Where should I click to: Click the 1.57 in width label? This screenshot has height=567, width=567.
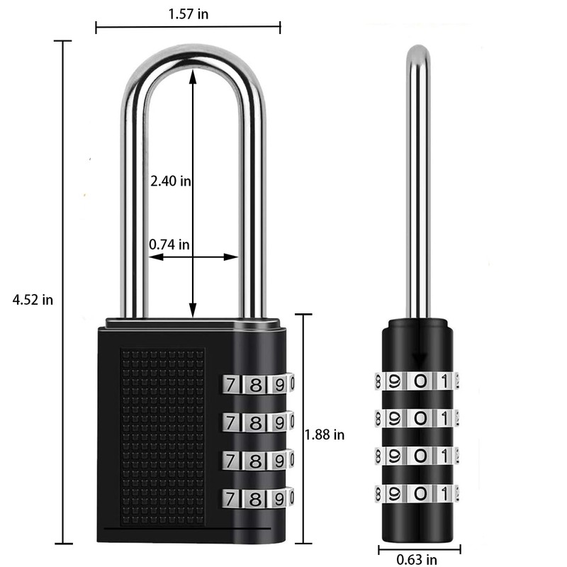tap(189, 12)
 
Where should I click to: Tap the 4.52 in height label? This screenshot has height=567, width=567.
tap(33, 299)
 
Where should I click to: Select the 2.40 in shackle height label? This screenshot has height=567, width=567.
tap(170, 181)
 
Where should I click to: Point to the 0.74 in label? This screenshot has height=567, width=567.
tap(169, 245)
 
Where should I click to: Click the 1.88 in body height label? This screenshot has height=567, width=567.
tap(325, 434)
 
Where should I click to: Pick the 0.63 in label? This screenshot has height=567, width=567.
tap(417, 560)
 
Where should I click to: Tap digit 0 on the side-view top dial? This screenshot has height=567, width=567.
tap(420, 381)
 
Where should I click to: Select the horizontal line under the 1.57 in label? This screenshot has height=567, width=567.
tap(189, 28)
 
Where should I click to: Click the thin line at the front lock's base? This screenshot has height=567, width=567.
tap(186, 529)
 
